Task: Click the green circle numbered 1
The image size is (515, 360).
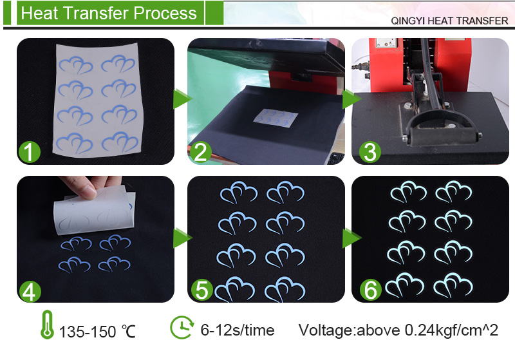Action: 30,152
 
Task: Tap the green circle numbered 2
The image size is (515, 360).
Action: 200,152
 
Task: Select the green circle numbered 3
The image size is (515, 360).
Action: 370,152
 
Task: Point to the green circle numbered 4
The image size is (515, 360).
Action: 30,291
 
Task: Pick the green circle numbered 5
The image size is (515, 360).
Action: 202,289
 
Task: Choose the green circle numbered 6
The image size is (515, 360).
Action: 371,290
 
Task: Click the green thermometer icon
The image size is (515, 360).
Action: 47,325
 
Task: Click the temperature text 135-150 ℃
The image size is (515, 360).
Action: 97,332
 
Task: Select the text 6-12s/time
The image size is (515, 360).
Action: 238,330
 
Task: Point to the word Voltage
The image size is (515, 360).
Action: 326,330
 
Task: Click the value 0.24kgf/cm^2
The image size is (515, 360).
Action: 451,330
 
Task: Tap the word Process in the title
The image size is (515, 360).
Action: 165,13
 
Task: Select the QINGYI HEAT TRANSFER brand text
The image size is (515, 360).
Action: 449,21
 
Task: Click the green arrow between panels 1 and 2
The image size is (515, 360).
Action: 182,99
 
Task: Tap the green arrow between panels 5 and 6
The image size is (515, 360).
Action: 351,238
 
